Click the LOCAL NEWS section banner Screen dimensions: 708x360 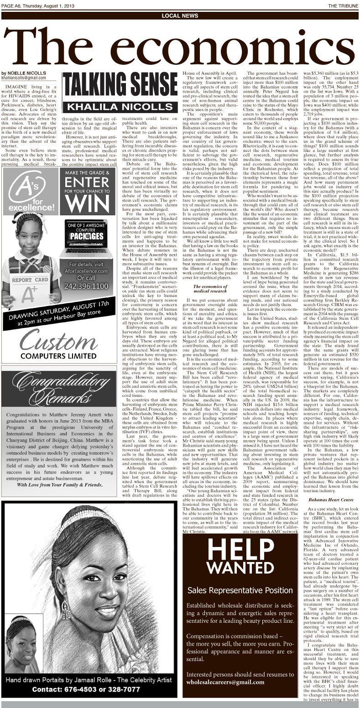pyautogui.click(x=180, y=16)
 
